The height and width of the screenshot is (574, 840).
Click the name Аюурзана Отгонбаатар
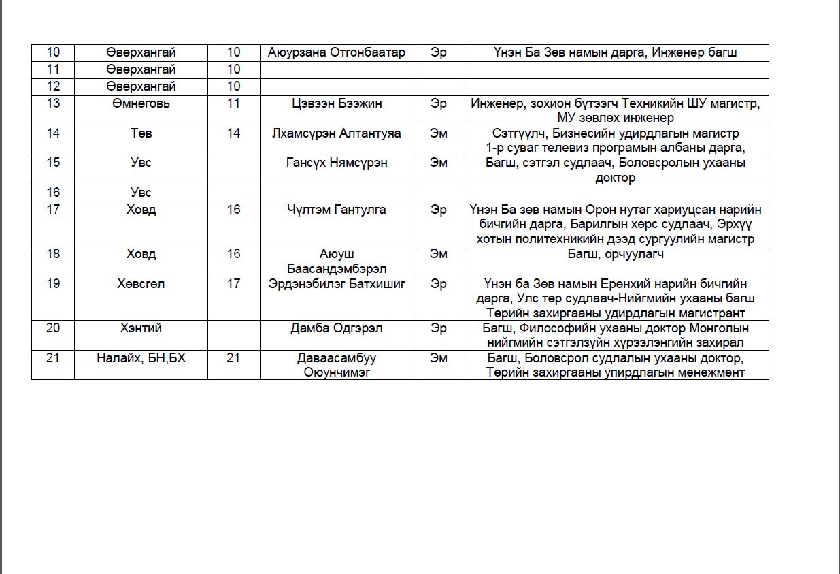pos(337,53)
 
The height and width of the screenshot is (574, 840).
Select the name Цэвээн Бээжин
pos(337,103)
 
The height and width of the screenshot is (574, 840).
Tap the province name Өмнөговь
pos(141,103)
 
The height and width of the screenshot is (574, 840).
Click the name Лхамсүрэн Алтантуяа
pos(337,133)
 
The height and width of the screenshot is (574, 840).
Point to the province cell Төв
pos(141,133)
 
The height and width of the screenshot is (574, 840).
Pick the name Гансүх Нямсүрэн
pos(337,163)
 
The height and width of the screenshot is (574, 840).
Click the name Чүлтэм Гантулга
pos(337,210)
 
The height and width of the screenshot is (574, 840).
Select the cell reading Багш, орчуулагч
pos(616,254)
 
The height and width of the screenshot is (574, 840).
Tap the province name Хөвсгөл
pos(141,284)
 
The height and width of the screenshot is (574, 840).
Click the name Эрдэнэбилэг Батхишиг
pos(337,284)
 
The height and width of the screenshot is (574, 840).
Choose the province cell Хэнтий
pos(141,328)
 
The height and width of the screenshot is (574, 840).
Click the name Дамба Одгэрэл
pos(337,328)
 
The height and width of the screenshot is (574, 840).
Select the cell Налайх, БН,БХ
pos(141,358)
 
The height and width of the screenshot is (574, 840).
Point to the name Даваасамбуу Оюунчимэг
pos(337,365)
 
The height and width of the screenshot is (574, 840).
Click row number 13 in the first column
pos(53,103)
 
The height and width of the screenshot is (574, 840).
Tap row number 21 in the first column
pos(53,358)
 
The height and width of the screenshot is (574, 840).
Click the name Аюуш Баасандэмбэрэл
pos(337,261)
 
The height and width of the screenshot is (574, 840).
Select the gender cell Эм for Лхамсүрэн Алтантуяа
pos(439,133)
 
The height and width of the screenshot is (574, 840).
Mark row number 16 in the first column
pos(53,193)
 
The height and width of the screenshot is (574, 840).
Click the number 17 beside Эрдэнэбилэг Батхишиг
pos(233,284)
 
